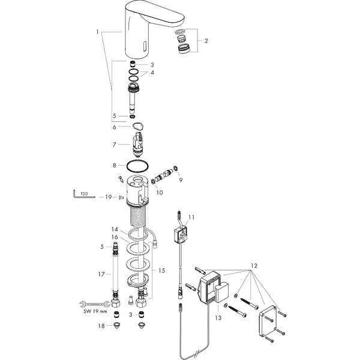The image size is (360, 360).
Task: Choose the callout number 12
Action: click(x=254, y=265)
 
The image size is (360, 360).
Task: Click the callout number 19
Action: click(x=108, y=197)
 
